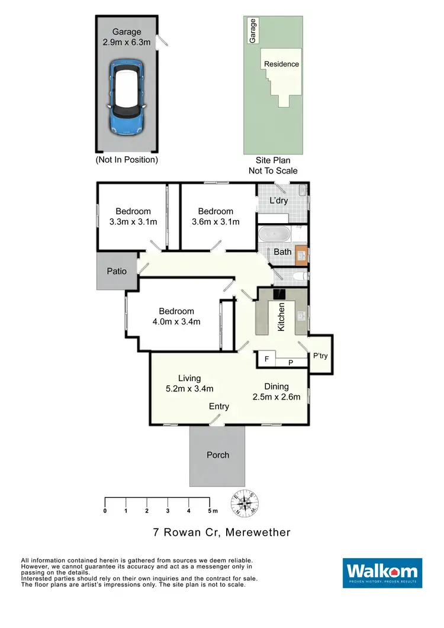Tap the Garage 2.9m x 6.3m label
(x=127, y=37)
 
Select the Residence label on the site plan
(x=281, y=64)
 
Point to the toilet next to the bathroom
(x=298, y=276)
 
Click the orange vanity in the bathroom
(x=301, y=253)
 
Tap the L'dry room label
(x=278, y=201)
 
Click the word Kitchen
(x=282, y=317)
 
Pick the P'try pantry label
(x=320, y=356)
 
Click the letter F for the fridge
(x=266, y=359)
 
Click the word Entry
(x=218, y=407)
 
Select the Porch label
(x=217, y=455)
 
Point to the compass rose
(x=244, y=504)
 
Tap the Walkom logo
(x=382, y=572)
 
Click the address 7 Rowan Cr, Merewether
(x=222, y=533)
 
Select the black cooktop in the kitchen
(x=278, y=294)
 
